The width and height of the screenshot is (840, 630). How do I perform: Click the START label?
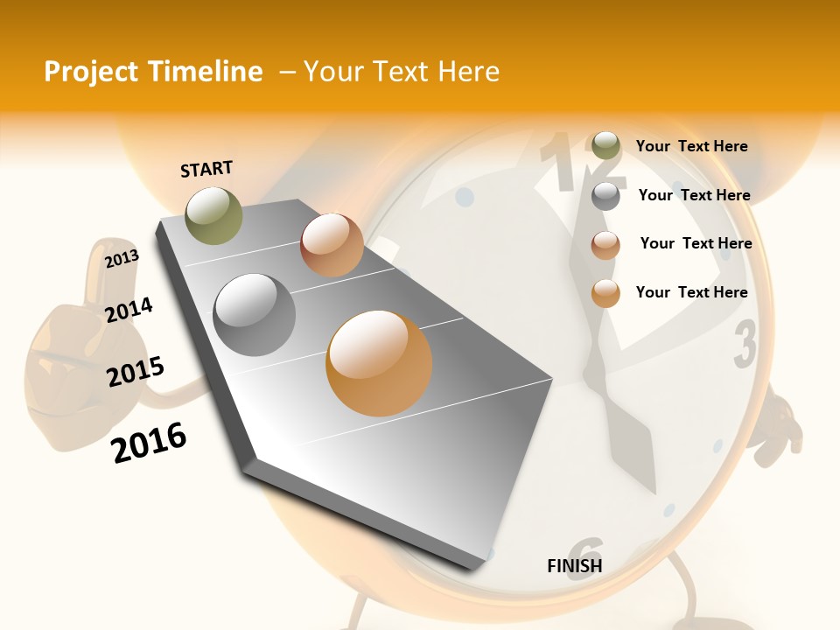tap(206, 168)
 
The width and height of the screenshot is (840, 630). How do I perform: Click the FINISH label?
tap(574, 566)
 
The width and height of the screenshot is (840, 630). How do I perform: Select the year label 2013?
tap(122, 258)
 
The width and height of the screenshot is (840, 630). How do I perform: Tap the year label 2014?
tap(129, 310)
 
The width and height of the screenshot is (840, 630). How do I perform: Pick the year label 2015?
tap(136, 371)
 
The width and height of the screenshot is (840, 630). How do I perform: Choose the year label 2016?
tap(149, 442)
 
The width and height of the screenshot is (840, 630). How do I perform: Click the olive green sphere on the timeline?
tap(213, 215)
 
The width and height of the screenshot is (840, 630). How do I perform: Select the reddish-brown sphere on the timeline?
tap(332, 245)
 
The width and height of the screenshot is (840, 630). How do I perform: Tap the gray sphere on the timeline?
tap(255, 314)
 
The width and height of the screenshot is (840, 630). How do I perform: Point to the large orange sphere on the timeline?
tap(379, 363)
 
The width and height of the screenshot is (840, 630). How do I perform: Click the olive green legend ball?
tap(605, 146)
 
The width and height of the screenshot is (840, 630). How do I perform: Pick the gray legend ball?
tap(605, 196)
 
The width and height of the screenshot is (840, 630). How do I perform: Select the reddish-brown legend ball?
tap(605, 245)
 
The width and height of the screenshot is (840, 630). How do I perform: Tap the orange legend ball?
tap(605, 293)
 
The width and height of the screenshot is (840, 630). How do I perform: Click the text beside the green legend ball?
tap(691, 146)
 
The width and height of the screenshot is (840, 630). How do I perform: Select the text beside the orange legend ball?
tap(691, 292)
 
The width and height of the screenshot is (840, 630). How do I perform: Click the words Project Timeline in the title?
tap(153, 72)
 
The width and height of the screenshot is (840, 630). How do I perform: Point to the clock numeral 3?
tap(745, 344)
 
